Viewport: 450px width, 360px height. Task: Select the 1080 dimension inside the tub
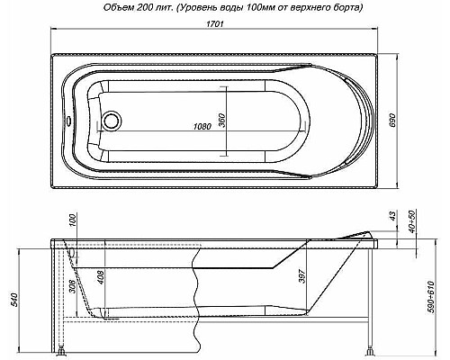point(205,126)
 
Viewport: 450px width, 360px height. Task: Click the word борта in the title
point(344,7)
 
